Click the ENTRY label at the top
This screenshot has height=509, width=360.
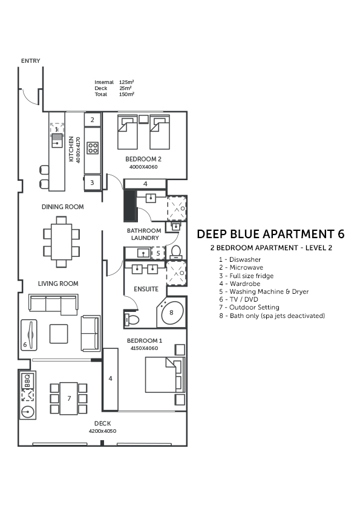click(30, 60)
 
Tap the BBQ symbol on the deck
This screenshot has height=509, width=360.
click(27, 380)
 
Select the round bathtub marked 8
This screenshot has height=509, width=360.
click(172, 313)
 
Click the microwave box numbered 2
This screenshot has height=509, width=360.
click(93, 120)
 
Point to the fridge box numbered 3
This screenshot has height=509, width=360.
click(93, 183)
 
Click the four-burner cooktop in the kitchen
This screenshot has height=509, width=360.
click(93, 148)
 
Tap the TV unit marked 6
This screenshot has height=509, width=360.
click(29, 336)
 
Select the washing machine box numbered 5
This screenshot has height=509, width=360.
click(159, 253)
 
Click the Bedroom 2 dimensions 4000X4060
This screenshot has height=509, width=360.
click(143, 167)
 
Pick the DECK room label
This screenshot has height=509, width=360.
click(103, 423)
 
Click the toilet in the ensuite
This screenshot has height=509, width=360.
click(131, 319)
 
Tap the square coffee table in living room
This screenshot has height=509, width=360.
click(59, 334)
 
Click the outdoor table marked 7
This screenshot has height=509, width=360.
click(68, 398)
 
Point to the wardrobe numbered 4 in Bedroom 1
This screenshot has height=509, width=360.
click(111, 379)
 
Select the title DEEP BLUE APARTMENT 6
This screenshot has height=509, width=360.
click(270, 234)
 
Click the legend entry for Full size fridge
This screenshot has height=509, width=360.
click(246, 276)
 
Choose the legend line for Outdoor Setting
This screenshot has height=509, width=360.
click(249, 307)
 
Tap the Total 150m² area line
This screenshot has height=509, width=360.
click(114, 94)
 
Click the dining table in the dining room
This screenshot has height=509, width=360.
click(61, 242)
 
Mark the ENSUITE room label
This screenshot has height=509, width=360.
click(146, 289)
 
